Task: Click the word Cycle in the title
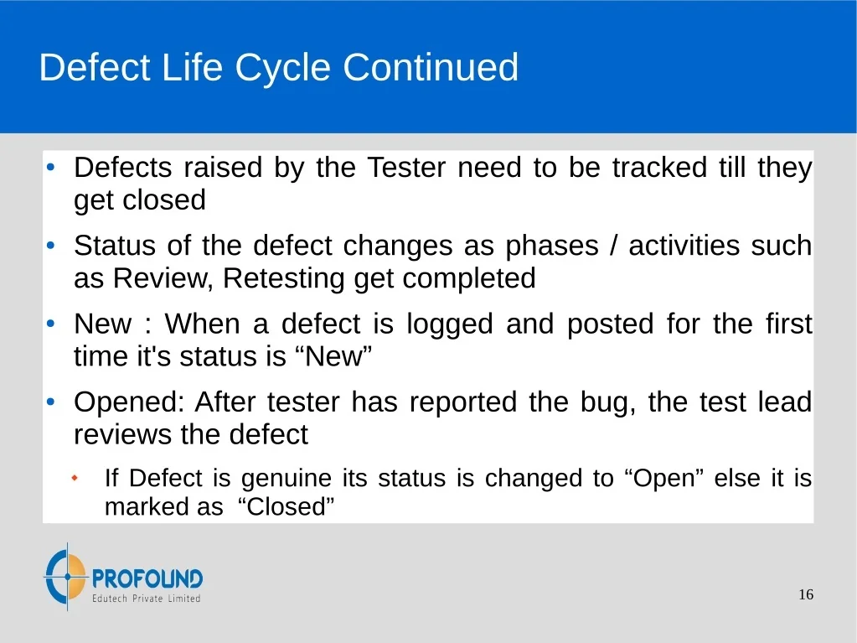(282, 69)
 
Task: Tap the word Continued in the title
(431, 67)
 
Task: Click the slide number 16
(806, 594)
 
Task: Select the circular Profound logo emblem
(66, 576)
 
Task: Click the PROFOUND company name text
(147, 578)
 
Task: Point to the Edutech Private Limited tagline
(146, 599)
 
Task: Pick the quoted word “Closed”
(286, 507)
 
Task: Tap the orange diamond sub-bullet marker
(75, 479)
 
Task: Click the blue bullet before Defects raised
(51, 168)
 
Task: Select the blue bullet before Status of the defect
(51, 246)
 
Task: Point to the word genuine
(287, 479)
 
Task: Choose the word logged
(450, 324)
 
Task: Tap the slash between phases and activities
(614, 246)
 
